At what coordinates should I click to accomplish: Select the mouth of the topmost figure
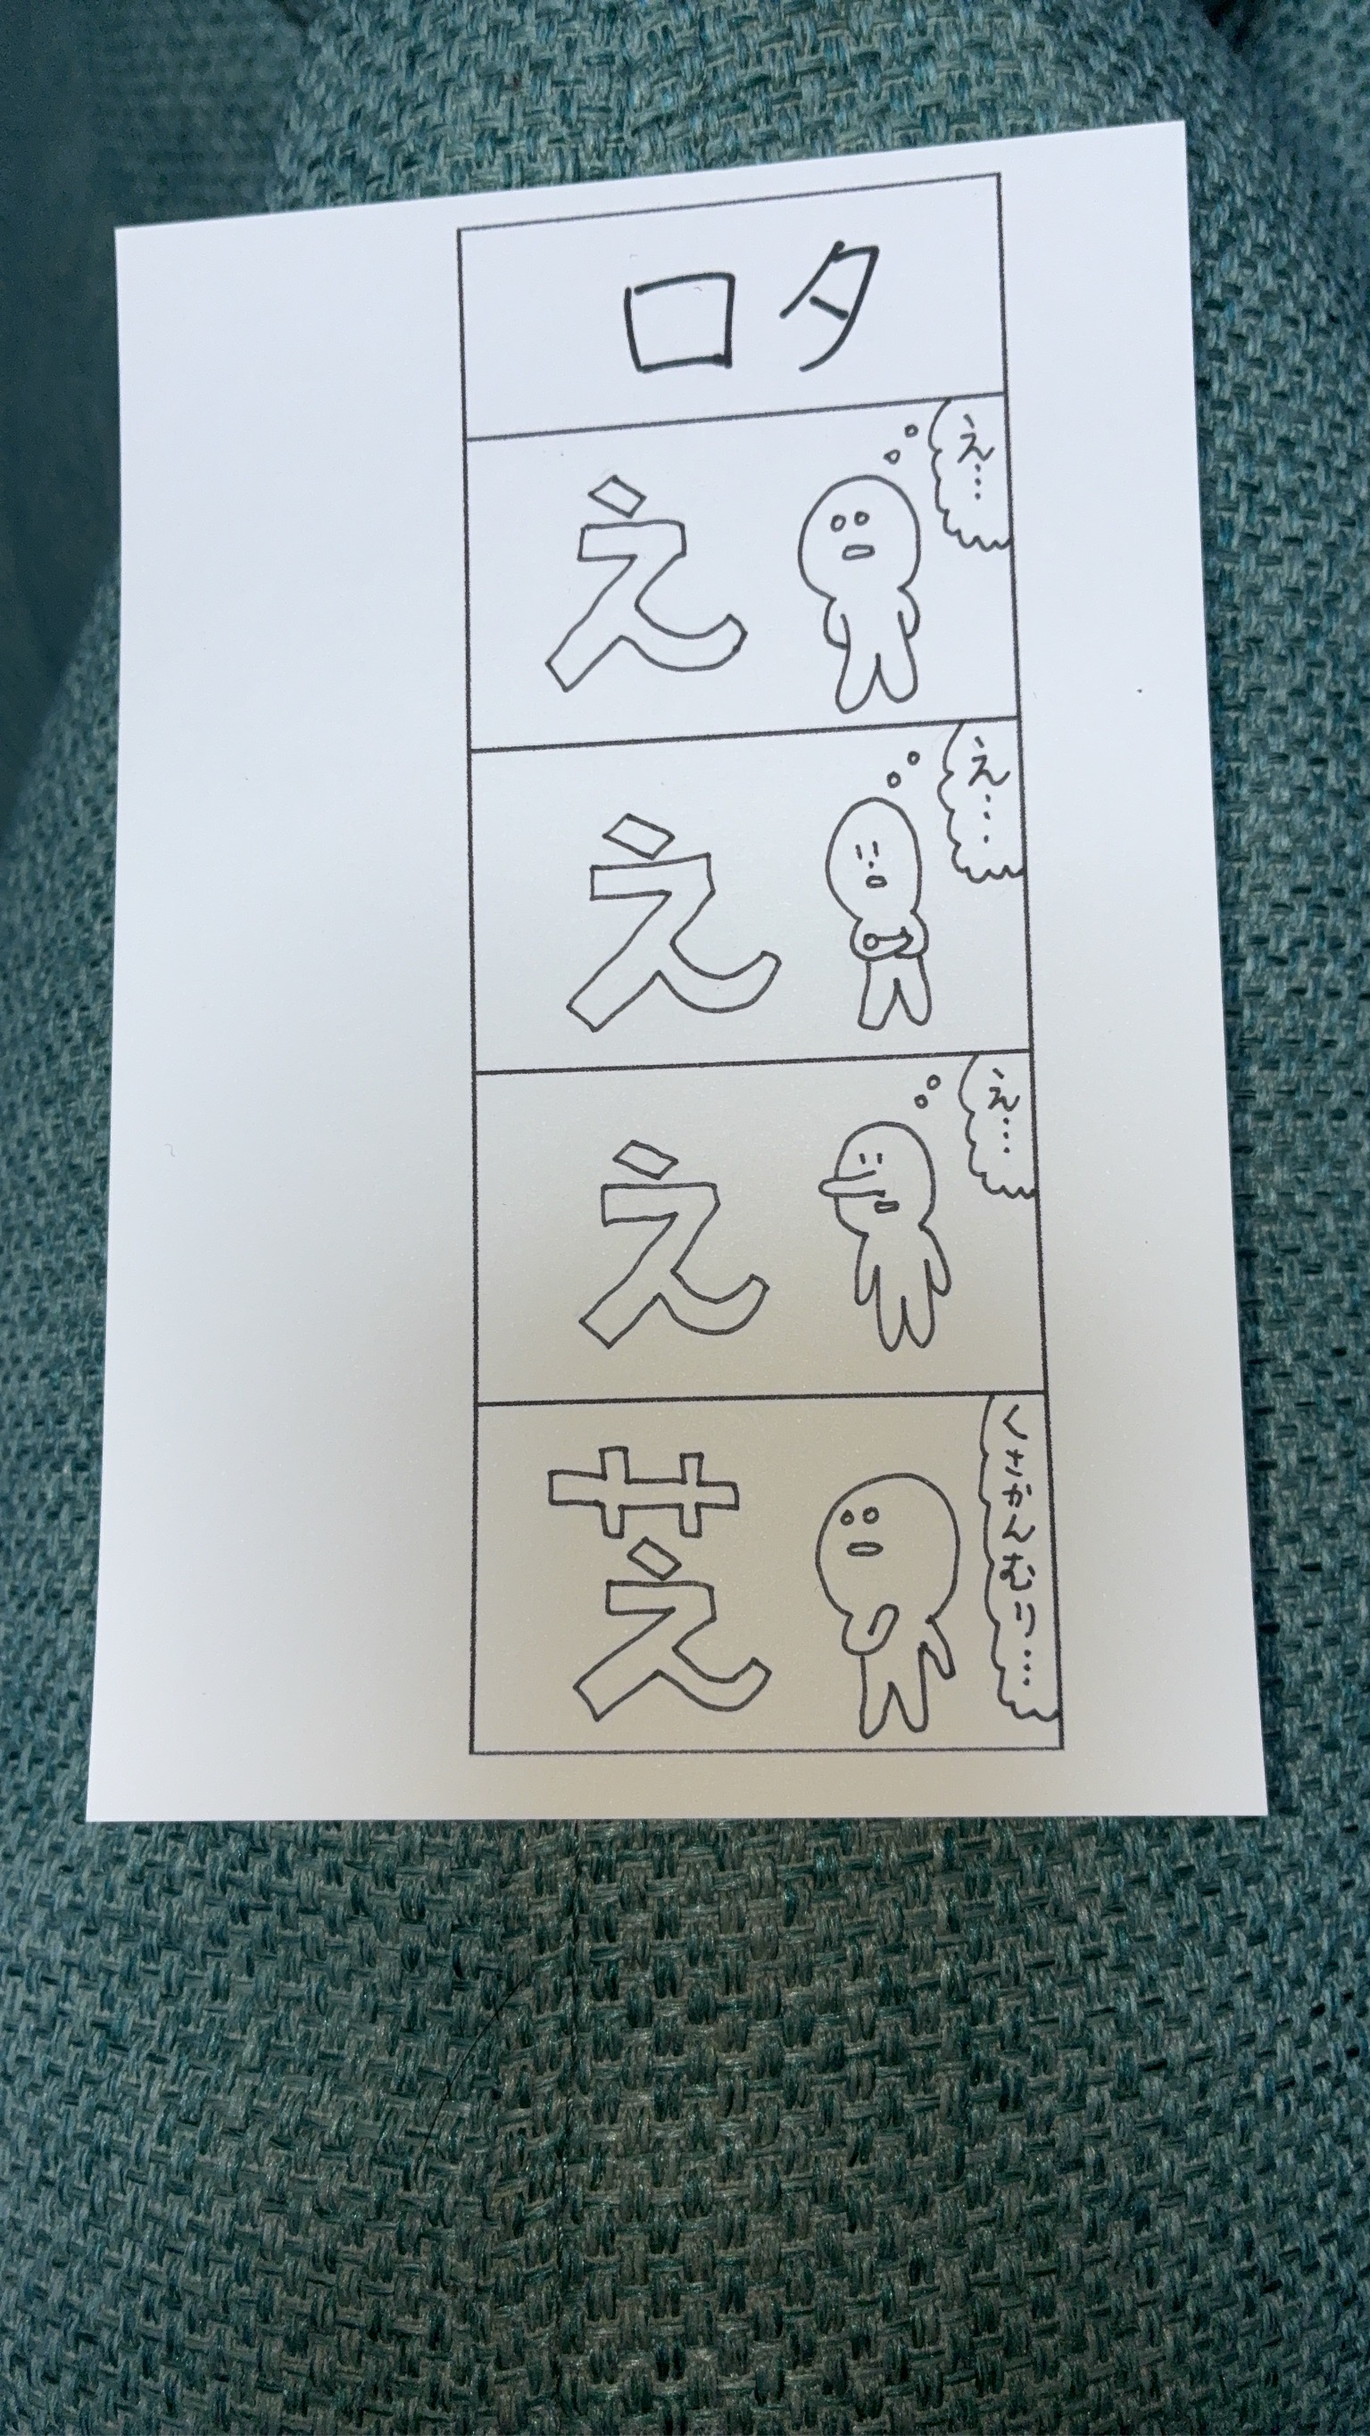[859, 552]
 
